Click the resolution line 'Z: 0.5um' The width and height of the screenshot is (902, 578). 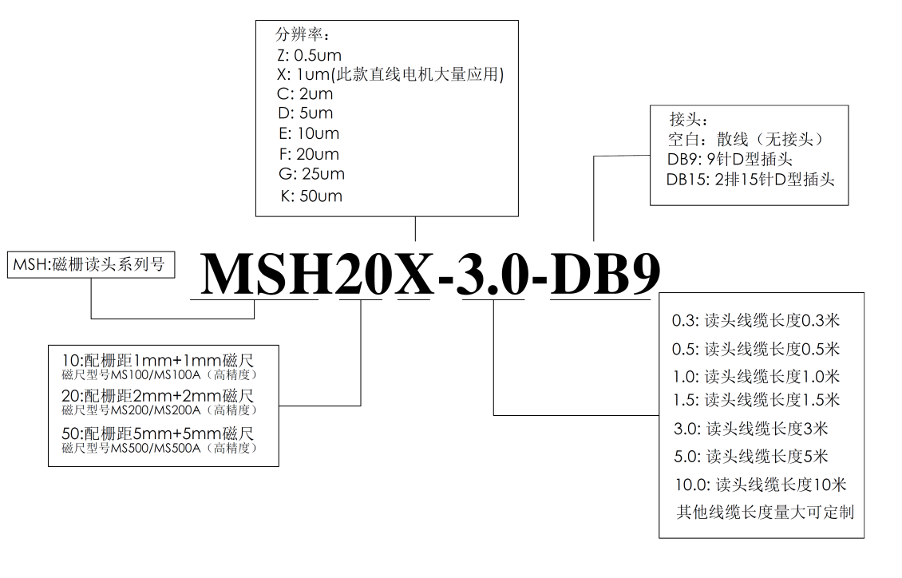click(x=309, y=55)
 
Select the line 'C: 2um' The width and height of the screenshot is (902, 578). click(x=305, y=93)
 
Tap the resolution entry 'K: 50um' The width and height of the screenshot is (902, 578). click(x=311, y=196)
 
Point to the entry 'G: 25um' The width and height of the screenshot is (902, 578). click(x=312, y=174)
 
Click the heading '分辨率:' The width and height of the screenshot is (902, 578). click(x=303, y=34)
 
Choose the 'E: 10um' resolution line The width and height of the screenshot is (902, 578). click(x=309, y=133)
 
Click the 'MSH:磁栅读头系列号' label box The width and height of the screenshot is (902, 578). click(x=91, y=264)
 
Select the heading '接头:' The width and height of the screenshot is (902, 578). click(x=689, y=120)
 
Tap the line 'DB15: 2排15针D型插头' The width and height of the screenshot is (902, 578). click(x=750, y=180)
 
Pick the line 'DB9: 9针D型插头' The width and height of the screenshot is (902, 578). click(x=730, y=160)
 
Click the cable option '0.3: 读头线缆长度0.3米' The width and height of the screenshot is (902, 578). click(x=756, y=320)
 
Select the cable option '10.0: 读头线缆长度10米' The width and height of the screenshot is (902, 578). click(x=761, y=485)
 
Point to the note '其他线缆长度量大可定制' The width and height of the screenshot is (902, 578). click(x=765, y=512)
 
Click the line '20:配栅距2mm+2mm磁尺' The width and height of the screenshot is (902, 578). click(x=157, y=396)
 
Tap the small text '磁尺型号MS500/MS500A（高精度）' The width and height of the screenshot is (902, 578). click(x=160, y=448)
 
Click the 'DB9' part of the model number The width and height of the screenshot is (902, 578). click(x=605, y=273)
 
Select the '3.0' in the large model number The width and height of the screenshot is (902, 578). click(x=493, y=274)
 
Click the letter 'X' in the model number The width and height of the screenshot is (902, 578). click(x=414, y=274)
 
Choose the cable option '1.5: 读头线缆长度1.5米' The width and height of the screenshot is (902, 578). click(x=757, y=400)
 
